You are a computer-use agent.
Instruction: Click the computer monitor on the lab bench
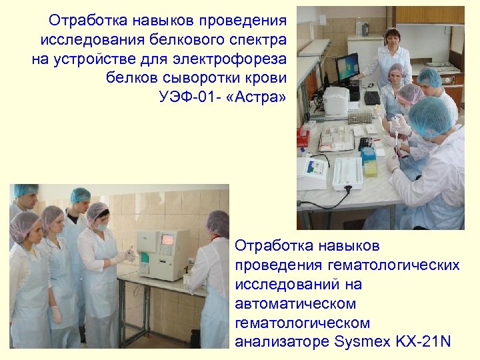click(347, 67)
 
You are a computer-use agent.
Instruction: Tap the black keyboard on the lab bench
click(371, 98)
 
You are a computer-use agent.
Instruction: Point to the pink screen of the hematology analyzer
click(167, 238)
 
